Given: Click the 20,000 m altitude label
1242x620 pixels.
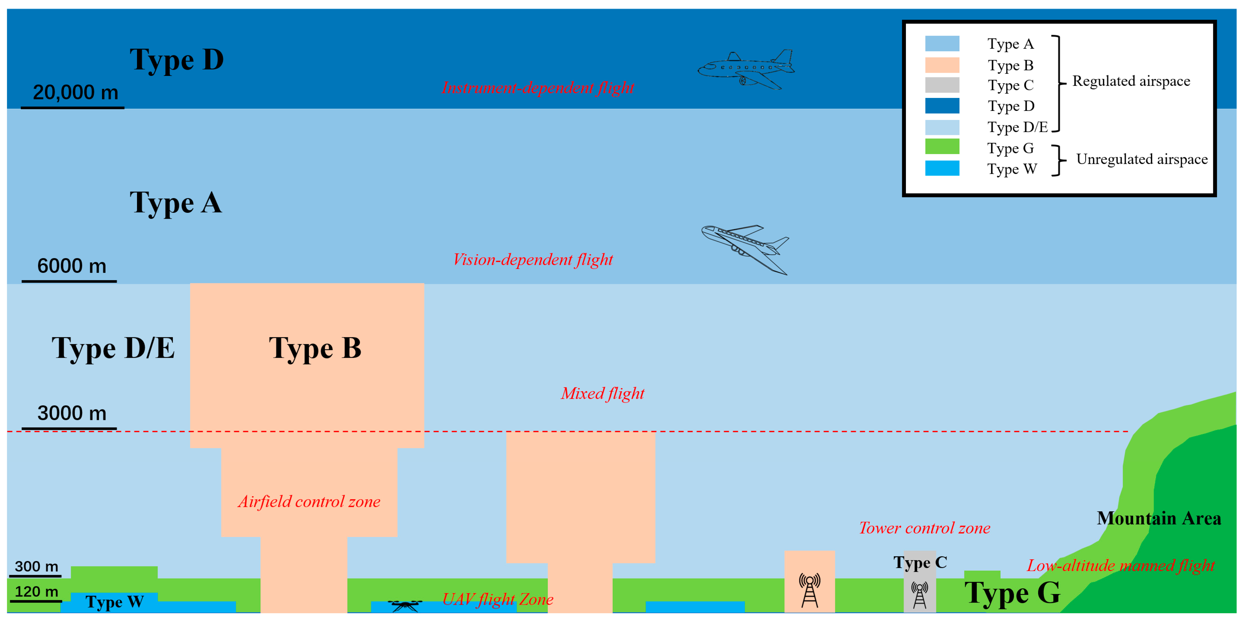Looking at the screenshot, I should pyautogui.click(x=75, y=92).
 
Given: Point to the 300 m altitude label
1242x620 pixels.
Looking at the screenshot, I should pyautogui.click(x=36, y=566).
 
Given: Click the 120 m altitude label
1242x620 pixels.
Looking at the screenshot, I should pyautogui.click(x=36, y=591).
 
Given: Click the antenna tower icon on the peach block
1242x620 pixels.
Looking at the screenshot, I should pyautogui.click(x=809, y=590).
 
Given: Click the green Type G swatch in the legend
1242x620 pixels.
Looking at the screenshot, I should pyautogui.click(x=942, y=147).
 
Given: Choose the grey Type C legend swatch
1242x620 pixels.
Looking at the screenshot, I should pyautogui.click(x=942, y=85).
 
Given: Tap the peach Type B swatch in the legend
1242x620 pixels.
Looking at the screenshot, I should pyautogui.click(x=942, y=65).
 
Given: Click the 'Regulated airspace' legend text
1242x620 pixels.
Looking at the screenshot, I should pyautogui.click(x=1131, y=81).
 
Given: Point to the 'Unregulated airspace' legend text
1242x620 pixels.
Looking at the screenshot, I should pyautogui.click(x=1142, y=159).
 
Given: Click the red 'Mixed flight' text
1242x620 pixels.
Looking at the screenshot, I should pyautogui.click(x=602, y=393).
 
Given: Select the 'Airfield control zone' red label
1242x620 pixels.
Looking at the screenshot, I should pyautogui.click(x=309, y=502).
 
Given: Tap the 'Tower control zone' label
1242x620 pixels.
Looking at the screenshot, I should pyautogui.click(x=924, y=528).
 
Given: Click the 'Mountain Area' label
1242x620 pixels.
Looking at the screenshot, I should pyautogui.click(x=1159, y=518).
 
